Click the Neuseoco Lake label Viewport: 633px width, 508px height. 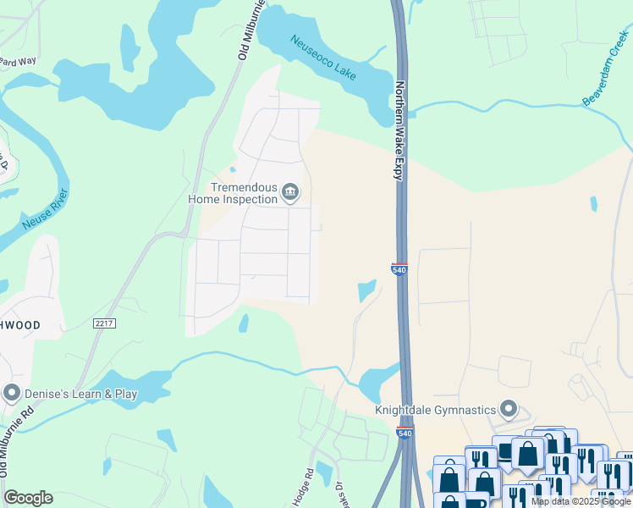pos(322,57)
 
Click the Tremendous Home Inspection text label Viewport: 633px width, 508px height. pos(233,193)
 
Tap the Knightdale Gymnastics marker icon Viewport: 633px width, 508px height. pos(508,410)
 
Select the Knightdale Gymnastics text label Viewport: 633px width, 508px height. pos(435,410)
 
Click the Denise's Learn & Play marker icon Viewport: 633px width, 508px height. pos(12,394)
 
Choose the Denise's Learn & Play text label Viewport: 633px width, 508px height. pos(80,394)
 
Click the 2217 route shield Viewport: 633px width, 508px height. pos(103,323)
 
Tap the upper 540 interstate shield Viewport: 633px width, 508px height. pos(400,268)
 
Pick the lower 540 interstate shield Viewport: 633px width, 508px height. pos(404,433)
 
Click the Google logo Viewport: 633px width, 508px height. pos(28,498)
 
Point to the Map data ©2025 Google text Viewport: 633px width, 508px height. pos(581,501)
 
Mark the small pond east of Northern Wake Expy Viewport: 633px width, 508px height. pos(593,204)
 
